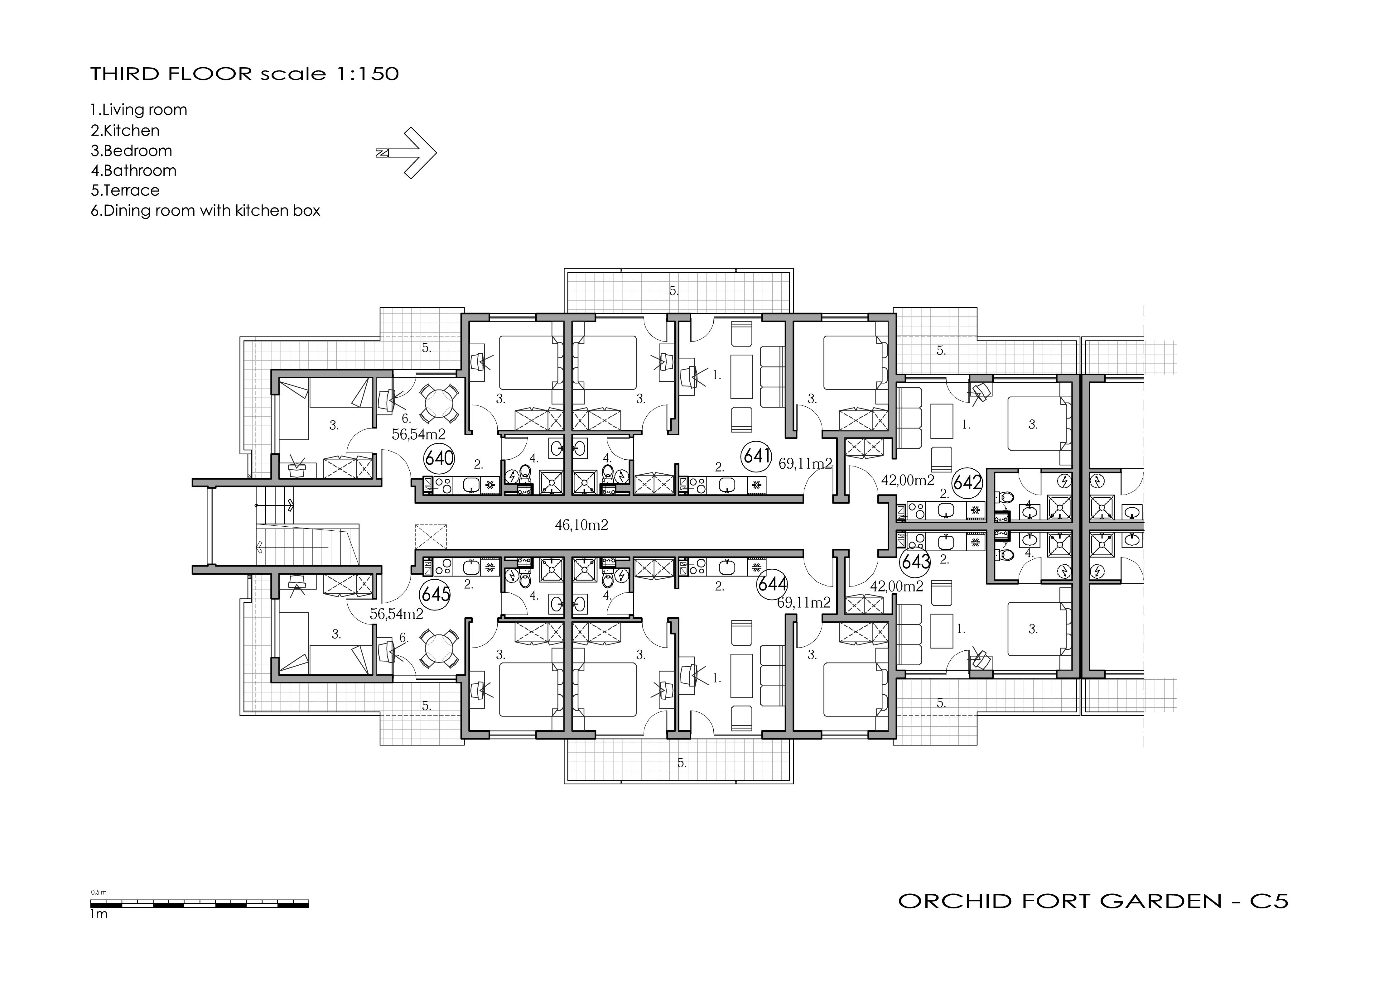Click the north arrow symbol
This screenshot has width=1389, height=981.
[x=407, y=153]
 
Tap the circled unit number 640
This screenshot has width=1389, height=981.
[x=439, y=458]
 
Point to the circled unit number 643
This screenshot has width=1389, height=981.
[x=915, y=561]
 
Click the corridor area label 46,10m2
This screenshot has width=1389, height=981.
[x=581, y=525]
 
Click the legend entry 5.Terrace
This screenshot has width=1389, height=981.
[x=125, y=190]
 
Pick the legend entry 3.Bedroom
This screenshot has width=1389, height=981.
[x=131, y=151]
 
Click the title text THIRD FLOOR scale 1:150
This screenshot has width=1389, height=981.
[x=244, y=74]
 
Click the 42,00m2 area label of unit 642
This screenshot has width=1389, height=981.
[x=907, y=480]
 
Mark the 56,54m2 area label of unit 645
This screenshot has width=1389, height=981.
[x=396, y=614]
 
